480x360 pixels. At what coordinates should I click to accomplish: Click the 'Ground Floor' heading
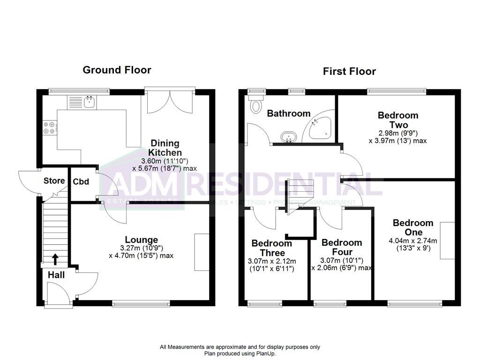[x=117, y=70]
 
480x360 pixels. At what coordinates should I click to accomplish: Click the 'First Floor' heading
[x=349, y=72]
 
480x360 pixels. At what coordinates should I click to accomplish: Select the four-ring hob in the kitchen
[x=50, y=128]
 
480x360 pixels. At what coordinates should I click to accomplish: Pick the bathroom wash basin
[x=289, y=137]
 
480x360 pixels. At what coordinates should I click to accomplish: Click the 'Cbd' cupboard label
[x=79, y=182]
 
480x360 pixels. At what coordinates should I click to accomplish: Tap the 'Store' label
[x=54, y=181]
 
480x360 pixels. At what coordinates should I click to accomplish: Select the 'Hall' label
[x=56, y=275]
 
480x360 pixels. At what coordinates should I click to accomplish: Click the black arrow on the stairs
[x=55, y=259]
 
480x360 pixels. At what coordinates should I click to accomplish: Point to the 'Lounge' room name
[x=141, y=240]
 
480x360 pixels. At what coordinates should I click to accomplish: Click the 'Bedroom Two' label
[x=398, y=120]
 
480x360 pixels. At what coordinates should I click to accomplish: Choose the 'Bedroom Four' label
[x=342, y=247]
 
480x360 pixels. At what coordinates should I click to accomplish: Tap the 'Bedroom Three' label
[x=271, y=248]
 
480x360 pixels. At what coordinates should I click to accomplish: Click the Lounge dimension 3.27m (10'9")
[x=141, y=248]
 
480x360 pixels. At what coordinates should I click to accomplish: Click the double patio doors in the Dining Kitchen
[x=170, y=101]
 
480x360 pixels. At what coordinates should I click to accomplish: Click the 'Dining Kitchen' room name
[x=165, y=148]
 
